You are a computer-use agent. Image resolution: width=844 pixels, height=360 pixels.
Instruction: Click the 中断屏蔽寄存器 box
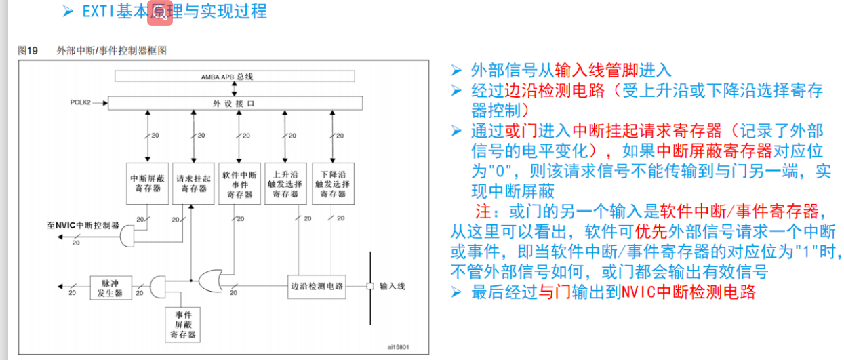(x=146, y=183)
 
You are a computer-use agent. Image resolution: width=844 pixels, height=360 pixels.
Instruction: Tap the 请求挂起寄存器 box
(x=193, y=183)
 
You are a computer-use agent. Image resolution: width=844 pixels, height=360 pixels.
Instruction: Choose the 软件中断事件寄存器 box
(x=238, y=183)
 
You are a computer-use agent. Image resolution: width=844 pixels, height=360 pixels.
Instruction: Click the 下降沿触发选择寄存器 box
(x=332, y=183)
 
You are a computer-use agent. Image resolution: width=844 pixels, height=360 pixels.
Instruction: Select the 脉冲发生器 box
(x=110, y=287)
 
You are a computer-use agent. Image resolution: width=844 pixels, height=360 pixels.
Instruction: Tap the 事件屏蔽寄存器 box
(x=183, y=325)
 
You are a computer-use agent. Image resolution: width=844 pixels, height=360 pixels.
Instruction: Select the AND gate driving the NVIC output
(x=129, y=235)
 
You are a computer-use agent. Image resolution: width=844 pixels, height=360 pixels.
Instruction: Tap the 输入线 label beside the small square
(x=393, y=286)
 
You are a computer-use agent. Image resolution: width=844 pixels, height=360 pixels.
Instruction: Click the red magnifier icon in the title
(x=161, y=13)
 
